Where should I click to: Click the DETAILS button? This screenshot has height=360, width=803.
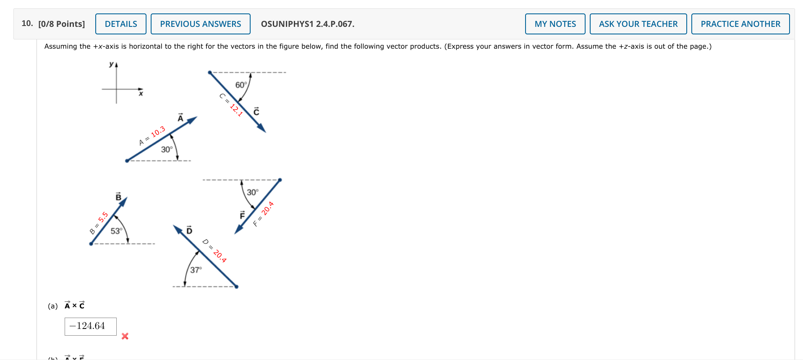(121, 24)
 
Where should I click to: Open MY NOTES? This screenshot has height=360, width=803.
(555, 24)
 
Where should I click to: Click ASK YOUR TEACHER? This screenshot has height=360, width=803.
(638, 24)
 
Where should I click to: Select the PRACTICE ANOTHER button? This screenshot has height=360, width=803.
(740, 24)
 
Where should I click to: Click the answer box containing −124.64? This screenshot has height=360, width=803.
(91, 326)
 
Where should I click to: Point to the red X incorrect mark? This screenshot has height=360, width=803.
(125, 336)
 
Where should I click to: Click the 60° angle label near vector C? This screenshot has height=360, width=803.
(241, 85)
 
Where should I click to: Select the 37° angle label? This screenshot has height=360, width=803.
(196, 270)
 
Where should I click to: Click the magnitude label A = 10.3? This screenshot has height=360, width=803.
(152, 136)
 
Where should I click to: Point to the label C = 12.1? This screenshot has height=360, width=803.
(231, 104)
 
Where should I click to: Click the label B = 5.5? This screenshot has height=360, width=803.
(99, 223)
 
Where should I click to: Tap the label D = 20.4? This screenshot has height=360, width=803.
(214, 250)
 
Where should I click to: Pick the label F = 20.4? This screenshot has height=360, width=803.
(264, 214)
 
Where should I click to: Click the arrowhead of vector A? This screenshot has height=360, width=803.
(193, 120)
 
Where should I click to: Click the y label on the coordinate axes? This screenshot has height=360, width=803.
(111, 64)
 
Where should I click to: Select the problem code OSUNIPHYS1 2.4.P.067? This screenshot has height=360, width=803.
(307, 24)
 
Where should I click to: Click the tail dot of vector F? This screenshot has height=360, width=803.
(280, 180)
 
